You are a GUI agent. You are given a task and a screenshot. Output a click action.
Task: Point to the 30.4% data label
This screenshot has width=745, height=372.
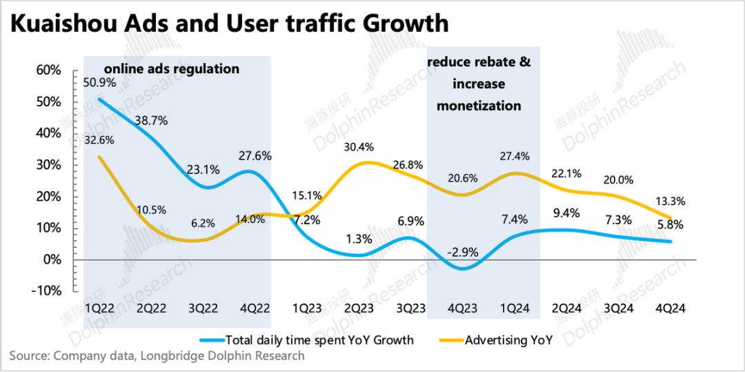357,146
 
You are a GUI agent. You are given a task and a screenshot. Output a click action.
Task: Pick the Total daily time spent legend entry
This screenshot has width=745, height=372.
319,340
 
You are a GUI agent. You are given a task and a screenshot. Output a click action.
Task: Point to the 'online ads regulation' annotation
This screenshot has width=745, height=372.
172,69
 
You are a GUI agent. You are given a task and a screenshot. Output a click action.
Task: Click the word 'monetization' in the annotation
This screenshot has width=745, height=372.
479,106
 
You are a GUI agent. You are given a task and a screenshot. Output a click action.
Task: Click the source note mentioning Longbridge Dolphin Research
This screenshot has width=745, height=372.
157,356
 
